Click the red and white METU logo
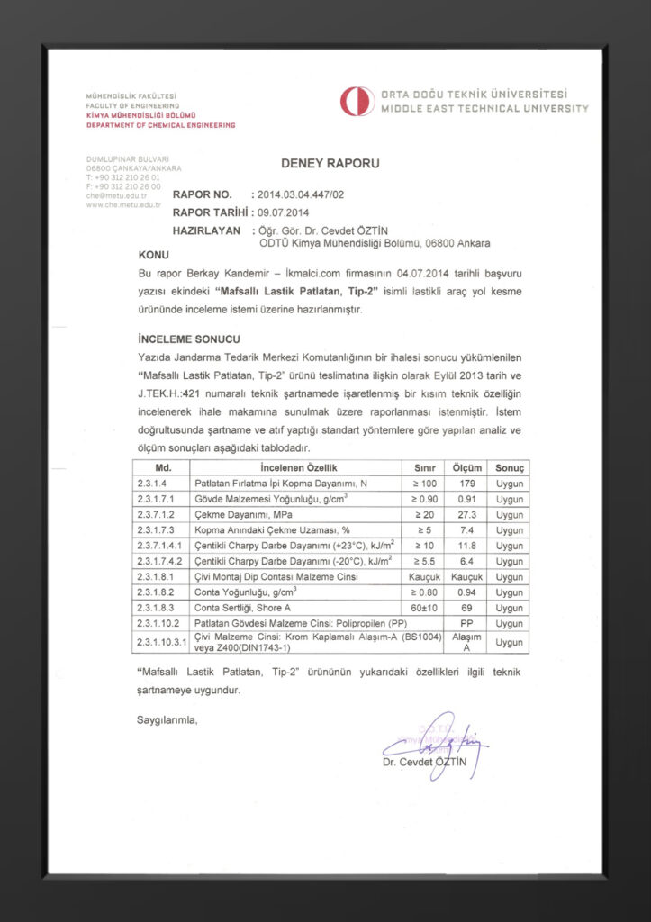(357, 101)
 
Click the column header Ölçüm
(468, 468)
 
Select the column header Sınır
(424, 468)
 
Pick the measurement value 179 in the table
(468, 484)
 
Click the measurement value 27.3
(468, 514)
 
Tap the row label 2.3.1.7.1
(157, 499)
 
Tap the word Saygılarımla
(167, 720)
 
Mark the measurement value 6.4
(468, 561)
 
